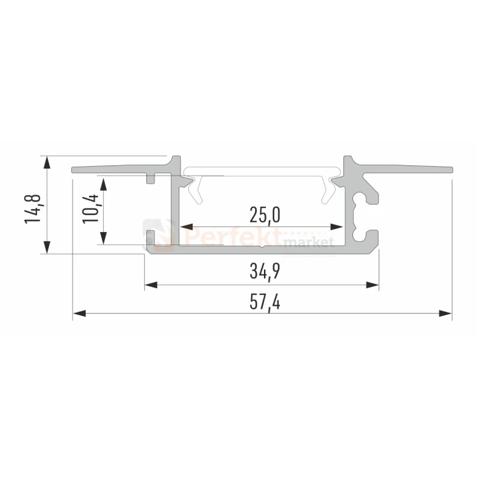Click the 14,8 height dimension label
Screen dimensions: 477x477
click(x=32, y=209)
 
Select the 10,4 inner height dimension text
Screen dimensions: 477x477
click(x=90, y=209)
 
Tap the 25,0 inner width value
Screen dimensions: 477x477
click(x=265, y=215)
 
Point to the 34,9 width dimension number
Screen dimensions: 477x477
click(x=265, y=271)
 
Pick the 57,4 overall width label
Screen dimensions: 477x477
click(x=265, y=302)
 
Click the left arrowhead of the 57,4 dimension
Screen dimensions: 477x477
click(x=79, y=313)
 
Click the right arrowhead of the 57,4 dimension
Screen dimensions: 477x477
click(x=445, y=313)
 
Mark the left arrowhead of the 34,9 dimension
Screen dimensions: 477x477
click(x=151, y=285)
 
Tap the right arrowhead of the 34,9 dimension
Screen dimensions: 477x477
click(x=372, y=285)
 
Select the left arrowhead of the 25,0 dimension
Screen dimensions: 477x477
click(x=186, y=226)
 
